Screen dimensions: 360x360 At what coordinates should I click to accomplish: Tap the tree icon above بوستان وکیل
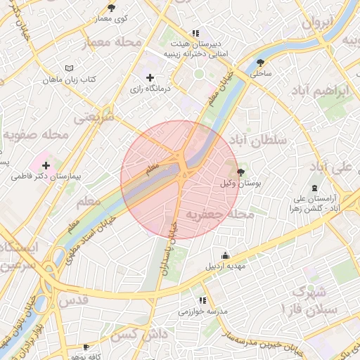(241, 172)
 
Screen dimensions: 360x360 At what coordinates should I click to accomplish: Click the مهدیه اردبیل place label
(224, 266)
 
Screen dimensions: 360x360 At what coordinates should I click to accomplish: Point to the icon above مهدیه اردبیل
(224, 255)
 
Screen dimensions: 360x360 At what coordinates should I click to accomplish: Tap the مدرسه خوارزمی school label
(203, 311)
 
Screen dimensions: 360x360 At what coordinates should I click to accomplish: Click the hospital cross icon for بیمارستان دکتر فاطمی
(46, 165)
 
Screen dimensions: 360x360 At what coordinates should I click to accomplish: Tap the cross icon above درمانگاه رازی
(149, 77)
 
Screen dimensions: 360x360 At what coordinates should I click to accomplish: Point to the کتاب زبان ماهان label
(68, 81)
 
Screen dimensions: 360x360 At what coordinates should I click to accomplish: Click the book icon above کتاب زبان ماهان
(68, 69)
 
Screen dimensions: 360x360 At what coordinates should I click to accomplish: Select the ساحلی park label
(261, 72)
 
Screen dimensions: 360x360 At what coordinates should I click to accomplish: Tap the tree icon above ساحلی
(261, 61)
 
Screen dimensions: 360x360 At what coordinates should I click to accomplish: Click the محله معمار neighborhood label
(112, 44)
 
